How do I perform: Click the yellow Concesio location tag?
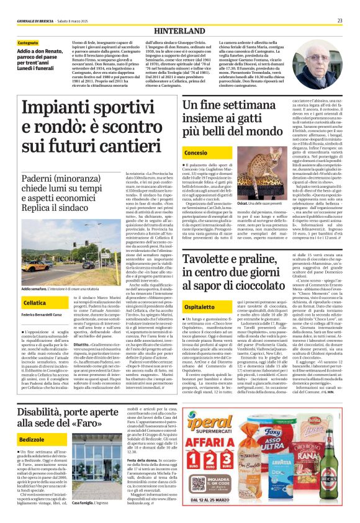pyautogui.click(x=196, y=151)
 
